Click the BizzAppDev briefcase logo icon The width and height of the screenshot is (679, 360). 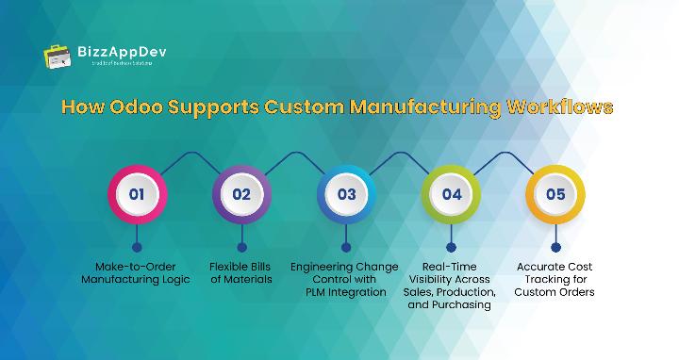(x=58, y=55)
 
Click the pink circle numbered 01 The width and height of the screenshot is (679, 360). (x=137, y=195)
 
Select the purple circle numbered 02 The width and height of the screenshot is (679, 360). (x=241, y=195)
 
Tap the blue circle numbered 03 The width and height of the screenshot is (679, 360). (x=346, y=195)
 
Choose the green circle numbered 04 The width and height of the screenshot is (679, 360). (x=451, y=195)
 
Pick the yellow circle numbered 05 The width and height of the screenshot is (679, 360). (x=555, y=195)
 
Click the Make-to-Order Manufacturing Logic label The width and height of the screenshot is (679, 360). (x=136, y=273)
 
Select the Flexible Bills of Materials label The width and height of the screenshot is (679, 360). (x=241, y=273)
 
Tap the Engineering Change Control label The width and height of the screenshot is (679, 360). (x=345, y=279)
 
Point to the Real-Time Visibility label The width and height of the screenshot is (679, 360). (x=451, y=286)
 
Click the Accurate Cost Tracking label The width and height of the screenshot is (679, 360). (x=555, y=279)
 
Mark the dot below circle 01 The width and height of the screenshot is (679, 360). (x=137, y=247)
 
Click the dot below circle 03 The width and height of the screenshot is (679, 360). (x=346, y=247)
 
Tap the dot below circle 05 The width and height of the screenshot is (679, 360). (x=555, y=247)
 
